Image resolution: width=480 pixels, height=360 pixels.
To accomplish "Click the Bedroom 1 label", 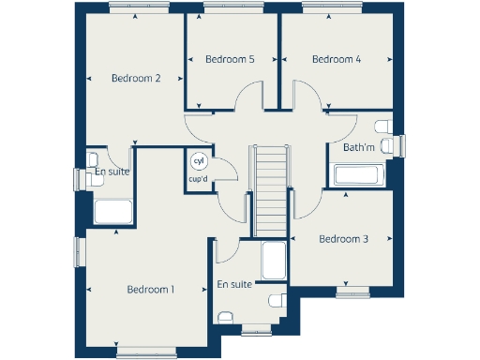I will point(150,289).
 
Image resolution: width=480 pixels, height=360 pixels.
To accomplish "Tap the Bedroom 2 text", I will point(136,79).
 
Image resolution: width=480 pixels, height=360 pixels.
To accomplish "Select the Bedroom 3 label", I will point(343,239).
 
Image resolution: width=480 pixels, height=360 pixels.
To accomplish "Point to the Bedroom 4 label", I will point(337,59).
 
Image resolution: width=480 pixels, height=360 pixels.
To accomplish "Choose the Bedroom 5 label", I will point(230,59).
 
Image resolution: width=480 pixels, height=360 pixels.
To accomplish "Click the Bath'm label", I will point(358,148).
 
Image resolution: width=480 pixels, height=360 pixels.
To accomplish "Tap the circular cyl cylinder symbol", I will point(198,160).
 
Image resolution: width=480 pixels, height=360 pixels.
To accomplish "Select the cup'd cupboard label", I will point(198,178).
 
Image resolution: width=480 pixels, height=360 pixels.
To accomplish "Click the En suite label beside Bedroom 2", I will point(112,172).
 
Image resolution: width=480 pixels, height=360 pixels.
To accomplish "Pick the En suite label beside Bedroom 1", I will point(233,284).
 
